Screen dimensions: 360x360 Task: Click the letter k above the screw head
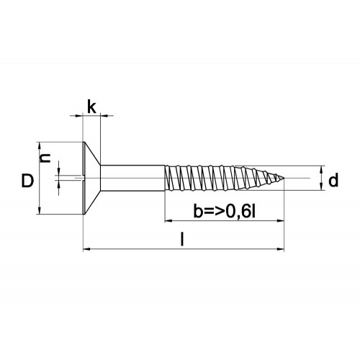pos(91,107)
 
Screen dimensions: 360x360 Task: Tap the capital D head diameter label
pos(27,181)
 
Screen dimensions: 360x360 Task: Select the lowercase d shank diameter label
pos(333,180)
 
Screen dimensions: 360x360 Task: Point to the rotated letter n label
pos(45,158)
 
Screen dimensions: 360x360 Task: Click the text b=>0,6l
pos(225,212)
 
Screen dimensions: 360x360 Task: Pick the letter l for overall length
pos(182,239)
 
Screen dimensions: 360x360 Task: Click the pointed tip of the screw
pos(284,178)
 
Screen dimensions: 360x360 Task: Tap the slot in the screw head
pos(80,178)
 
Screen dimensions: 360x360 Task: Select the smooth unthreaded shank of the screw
pos(132,178)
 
